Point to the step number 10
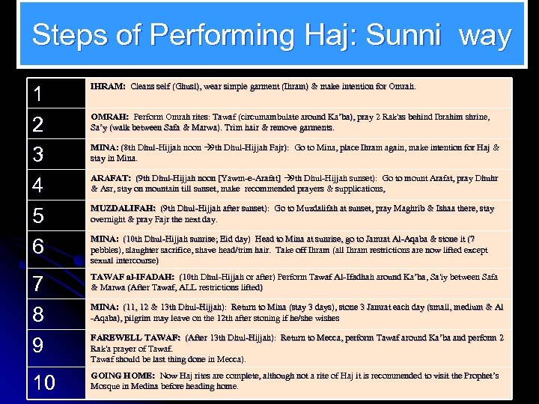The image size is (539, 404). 44,383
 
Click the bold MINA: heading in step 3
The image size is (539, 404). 104,148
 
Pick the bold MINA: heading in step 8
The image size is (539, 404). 104,307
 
